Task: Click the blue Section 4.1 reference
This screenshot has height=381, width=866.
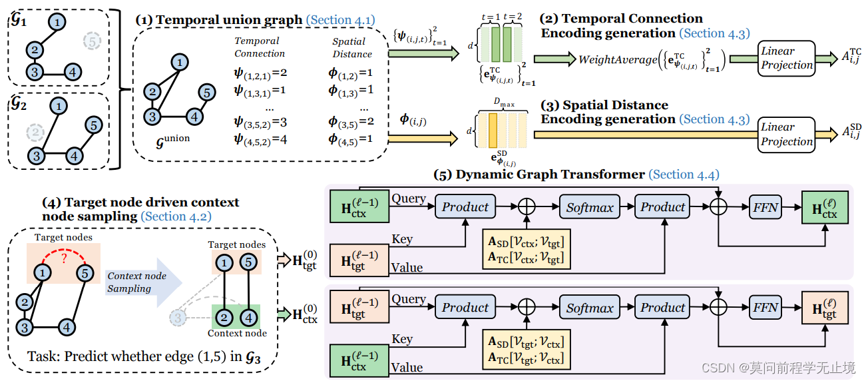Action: [x=339, y=20]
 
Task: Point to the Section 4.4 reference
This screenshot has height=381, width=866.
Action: [x=684, y=175]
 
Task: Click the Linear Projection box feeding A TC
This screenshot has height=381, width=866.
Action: [x=787, y=58]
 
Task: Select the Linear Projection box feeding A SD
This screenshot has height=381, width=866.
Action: [x=787, y=134]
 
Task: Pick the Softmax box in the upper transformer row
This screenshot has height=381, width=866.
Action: [x=590, y=207]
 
